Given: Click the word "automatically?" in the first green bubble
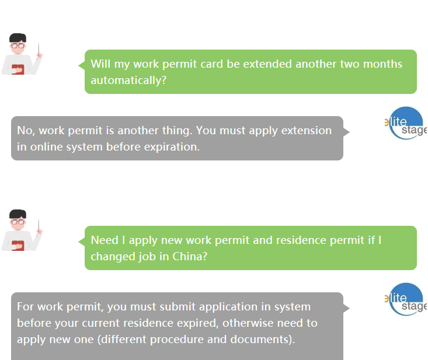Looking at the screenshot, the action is [128, 81].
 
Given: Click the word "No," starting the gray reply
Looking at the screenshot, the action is [26, 131].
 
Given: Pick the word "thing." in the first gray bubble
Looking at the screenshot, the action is [178, 131].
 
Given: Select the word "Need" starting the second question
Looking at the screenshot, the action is [105, 240].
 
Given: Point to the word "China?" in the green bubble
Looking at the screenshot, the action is [190, 257].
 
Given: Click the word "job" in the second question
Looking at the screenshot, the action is [147, 257].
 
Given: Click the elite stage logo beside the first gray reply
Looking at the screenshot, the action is [406, 123].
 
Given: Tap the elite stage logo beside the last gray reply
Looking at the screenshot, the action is [406, 299].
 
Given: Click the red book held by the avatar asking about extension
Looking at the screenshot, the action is [18, 69].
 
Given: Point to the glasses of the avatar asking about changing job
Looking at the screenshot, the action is [18, 222].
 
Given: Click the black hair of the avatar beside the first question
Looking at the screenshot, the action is [18, 38].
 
